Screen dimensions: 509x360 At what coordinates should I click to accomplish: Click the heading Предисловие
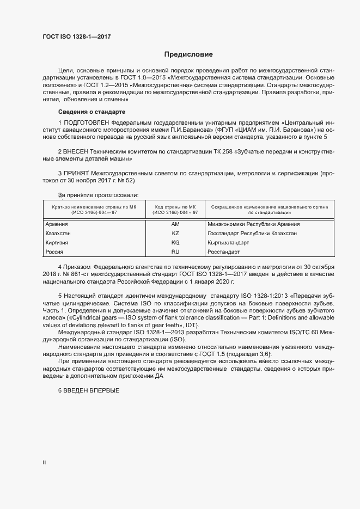point(188,55)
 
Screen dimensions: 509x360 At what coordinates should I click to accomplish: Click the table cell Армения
point(57,224)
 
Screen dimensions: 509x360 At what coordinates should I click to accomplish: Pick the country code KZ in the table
point(175,233)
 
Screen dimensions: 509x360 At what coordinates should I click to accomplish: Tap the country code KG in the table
point(175,242)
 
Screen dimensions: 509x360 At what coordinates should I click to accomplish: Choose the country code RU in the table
point(175,252)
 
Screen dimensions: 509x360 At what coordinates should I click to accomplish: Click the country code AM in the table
point(175,224)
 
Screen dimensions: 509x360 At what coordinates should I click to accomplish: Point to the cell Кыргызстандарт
point(228,242)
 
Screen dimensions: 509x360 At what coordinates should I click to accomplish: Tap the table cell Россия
point(54,252)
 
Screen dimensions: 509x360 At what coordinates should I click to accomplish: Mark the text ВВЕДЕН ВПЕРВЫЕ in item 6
point(91,390)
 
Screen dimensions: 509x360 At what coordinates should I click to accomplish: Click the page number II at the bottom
point(44,462)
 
